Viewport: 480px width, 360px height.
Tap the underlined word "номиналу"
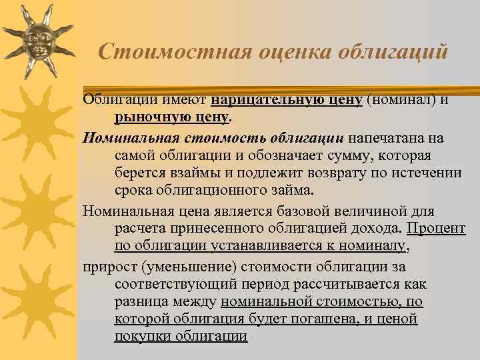coord(367,247)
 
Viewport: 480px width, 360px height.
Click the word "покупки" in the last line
coord(142,336)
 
